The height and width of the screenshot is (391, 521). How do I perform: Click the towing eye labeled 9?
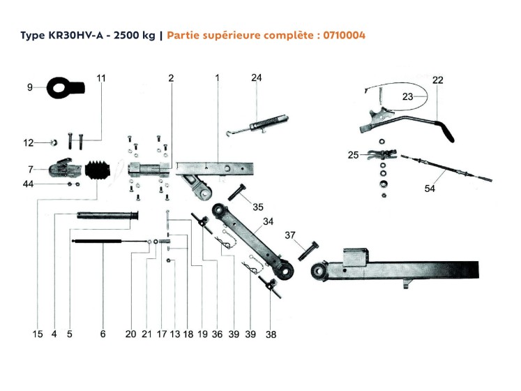click(64, 88)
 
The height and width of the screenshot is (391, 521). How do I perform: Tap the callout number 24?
click(256, 78)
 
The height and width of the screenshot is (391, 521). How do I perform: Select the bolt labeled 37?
click(308, 249)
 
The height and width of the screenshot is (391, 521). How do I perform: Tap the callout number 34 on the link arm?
click(268, 223)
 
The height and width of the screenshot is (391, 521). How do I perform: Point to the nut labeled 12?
click(52, 143)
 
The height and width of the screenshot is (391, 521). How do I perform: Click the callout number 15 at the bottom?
click(38, 334)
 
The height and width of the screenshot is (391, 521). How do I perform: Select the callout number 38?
click(271, 334)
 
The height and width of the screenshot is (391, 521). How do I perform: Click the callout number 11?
click(101, 78)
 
